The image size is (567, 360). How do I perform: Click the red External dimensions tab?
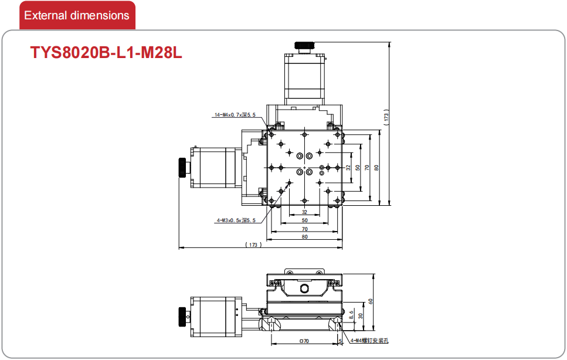coord(77,15)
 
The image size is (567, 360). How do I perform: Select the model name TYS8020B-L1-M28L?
coord(106,52)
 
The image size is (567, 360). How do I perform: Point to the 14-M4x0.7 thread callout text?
coord(235,115)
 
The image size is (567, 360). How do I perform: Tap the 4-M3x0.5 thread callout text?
coord(236,220)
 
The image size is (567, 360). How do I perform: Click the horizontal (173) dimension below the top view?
coord(253,244)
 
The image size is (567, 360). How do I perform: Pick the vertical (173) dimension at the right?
coord(386,117)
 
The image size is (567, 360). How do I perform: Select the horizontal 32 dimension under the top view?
coord(304,212)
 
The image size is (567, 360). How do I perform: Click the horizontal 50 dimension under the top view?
coord(304,220)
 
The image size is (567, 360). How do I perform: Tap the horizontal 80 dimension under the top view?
coord(304,237)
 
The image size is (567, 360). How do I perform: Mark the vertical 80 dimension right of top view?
coord(376,168)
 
